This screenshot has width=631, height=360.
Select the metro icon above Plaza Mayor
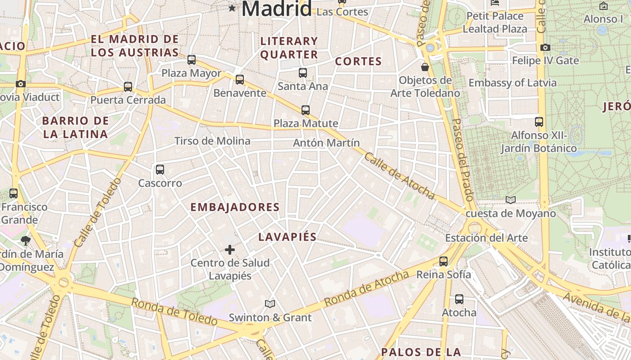[x=192, y=59]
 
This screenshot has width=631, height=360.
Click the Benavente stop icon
[x=240, y=80]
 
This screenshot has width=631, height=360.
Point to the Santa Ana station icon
[x=303, y=72]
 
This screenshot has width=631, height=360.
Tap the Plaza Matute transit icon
[x=306, y=110]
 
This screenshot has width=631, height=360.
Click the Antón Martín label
[x=326, y=143]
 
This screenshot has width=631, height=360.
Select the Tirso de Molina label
[x=212, y=141]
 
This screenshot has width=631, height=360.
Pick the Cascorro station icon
[x=160, y=170]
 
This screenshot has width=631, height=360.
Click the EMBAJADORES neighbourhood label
[x=235, y=207]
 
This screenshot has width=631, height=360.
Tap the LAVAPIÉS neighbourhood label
[x=288, y=237]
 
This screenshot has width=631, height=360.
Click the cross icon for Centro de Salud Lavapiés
[x=230, y=249]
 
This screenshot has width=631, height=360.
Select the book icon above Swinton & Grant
[x=270, y=304]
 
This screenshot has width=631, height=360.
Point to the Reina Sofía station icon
[x=444, y=261]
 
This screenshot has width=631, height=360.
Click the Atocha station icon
[x=459, y=299]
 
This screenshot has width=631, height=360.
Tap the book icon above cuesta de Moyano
[x=510, y=200]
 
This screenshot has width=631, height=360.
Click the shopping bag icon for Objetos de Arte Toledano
[x=425, y=67]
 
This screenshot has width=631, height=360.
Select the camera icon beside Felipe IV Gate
[x=545, y=47]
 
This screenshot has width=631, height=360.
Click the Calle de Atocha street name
[x=399, y=175]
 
